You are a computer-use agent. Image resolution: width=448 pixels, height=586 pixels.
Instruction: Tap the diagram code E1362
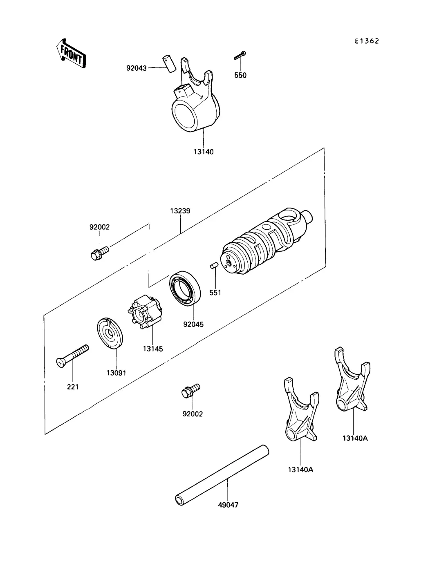coord(367,41)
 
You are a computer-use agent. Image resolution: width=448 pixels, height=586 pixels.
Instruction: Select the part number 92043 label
coord(136,68)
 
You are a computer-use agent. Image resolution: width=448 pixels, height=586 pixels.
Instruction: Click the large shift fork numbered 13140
coord(195,102)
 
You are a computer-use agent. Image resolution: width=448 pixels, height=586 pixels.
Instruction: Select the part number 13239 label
coord(180,211)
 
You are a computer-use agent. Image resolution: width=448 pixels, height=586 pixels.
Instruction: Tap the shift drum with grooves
coord(266,243)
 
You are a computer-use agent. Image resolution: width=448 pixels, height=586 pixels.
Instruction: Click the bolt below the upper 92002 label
coord(98,253)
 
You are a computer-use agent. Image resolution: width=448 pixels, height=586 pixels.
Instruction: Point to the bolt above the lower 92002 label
coord(190,390)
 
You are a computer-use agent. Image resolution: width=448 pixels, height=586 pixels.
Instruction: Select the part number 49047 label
coord(228,505)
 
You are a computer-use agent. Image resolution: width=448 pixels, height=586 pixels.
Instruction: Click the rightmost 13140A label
coord(355,438)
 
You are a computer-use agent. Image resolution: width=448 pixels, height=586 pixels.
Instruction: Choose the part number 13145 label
coord(153,349)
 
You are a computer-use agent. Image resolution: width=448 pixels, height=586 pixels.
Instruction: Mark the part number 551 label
coord(215,293)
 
